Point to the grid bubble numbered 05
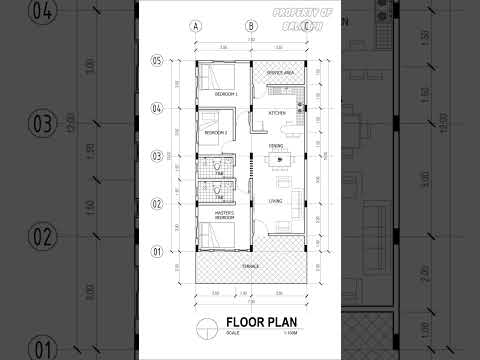pos(156,61)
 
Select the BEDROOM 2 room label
pos(216,132)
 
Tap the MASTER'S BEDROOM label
pos(223,215)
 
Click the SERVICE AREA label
pos(280,74)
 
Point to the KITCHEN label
pos(277,113)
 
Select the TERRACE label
pos(251,266)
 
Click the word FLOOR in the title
pos(247,322)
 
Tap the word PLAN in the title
pos(288,322)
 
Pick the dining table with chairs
pos(276,160)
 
